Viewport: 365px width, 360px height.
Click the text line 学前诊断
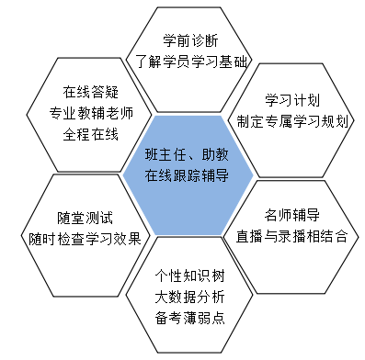pos(190,40)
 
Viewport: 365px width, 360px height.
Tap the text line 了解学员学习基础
pos(190,62)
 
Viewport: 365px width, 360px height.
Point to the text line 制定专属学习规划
pos(291,120)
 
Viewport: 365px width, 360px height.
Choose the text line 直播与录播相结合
pos(291,236)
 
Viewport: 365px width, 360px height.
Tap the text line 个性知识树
pos(189,275)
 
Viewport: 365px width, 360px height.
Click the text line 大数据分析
pos(189,296)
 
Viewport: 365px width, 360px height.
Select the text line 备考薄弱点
pos(189,318)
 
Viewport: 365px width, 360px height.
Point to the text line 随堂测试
pos(85,218)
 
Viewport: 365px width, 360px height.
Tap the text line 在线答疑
pos(88,92)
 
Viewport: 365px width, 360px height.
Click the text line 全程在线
pos(88,135)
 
